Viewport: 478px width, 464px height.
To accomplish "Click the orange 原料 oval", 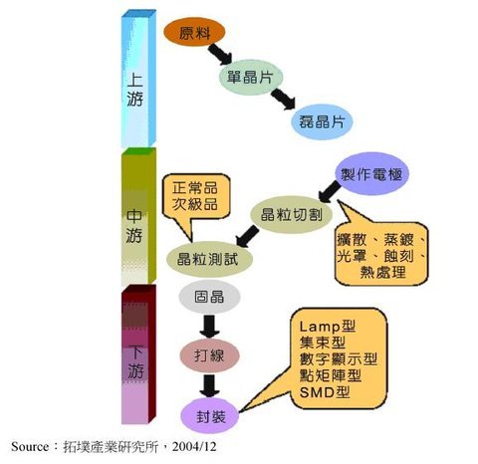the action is point(194,32).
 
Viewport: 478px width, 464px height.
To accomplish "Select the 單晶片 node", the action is point(251,77).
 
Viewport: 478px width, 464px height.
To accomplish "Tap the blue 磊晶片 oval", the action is point(322,121).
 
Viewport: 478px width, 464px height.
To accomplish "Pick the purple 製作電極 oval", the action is point(371,173).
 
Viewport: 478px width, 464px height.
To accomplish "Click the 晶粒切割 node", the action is point(291,215).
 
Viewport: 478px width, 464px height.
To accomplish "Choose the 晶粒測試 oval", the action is point(209,259).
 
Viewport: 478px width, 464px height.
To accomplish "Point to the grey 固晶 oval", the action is point(209,297).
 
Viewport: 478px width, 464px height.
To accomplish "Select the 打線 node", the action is point(209,355).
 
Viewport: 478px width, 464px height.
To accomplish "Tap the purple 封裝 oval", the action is point(210,416).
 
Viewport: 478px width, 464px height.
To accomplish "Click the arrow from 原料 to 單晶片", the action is point(220,54).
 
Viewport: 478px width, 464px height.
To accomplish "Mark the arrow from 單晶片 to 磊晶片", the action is point(283,99).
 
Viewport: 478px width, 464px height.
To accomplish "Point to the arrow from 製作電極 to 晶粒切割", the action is point(330,191).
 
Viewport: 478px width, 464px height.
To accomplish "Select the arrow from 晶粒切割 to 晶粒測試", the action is point(247,236).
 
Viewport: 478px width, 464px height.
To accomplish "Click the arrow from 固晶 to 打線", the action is point(209,327).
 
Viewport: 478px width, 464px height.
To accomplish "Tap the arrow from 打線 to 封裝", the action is point(209,386).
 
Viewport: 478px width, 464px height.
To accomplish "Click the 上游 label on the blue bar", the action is point(135,90).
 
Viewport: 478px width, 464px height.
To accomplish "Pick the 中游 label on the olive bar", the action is point(134,226).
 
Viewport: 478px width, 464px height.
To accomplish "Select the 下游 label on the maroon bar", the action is point(135,362).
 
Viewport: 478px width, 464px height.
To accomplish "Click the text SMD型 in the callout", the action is point(325,392).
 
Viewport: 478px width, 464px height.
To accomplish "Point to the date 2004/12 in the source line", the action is point(194,446).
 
